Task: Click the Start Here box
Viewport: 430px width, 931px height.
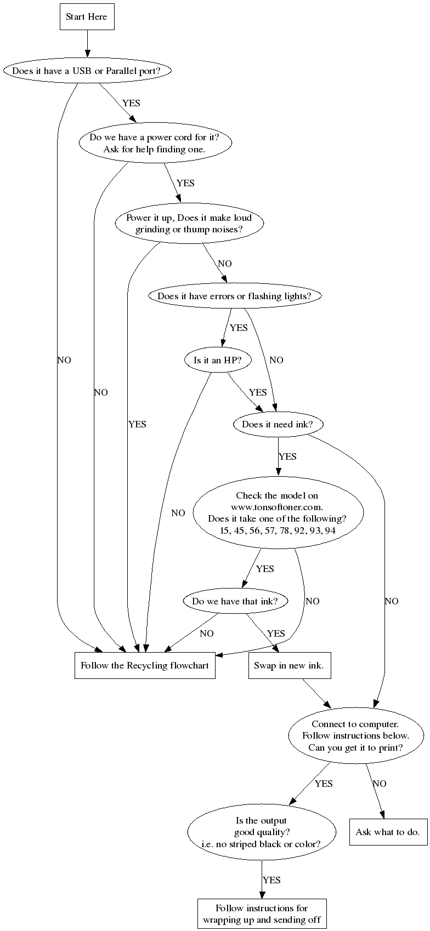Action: pos(87,16)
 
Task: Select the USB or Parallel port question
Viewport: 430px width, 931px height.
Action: pos(87,71)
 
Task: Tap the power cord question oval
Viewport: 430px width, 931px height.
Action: pos(155,143)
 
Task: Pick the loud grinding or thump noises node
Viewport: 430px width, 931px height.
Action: pos(189,224)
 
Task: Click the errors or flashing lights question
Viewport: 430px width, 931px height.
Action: pos(234,296)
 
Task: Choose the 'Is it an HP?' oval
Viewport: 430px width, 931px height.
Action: pos(218,360)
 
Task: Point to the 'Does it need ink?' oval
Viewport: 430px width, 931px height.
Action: pos(278,424)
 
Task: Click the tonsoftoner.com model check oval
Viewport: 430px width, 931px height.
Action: pos(278,513)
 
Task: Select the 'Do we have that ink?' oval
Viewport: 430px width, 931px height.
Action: pos(235,601)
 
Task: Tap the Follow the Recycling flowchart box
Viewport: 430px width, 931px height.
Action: pos(145,665)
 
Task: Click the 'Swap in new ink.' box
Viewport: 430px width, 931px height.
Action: pos(289,665)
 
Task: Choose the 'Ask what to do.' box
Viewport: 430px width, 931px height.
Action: pos(388,832)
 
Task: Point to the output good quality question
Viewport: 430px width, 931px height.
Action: pos(262,832)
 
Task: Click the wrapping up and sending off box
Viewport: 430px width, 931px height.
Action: pos(262,913)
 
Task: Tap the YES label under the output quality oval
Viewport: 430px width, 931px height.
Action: pos(271,880)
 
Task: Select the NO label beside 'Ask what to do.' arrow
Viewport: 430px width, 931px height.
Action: pos(380,784)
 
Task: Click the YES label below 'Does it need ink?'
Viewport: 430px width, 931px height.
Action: pos(287,456)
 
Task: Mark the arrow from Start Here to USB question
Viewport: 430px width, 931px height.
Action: pos(87,44)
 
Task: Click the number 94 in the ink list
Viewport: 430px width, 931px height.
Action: pos(330,530)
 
